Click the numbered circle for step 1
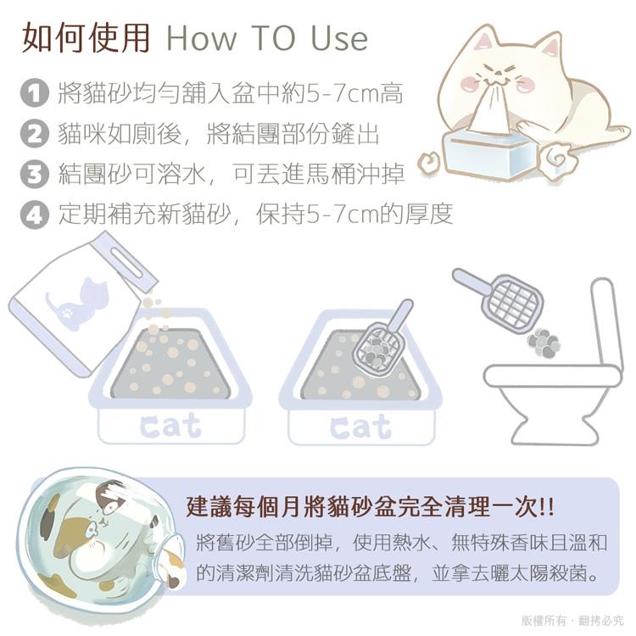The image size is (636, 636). point(35,93)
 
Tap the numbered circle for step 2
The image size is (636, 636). point(35,133)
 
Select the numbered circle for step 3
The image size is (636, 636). point(35,174)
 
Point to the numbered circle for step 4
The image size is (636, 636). point(35,215)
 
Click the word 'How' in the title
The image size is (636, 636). point(202,38)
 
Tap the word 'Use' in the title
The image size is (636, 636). point(339,38)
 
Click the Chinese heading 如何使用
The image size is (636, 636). point(86,37)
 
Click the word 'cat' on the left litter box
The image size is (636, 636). point(170,426)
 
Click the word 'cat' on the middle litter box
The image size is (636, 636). point(360,427)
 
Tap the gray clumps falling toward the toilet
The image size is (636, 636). point(544,343)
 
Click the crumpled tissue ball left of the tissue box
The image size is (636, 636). point(430,161)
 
